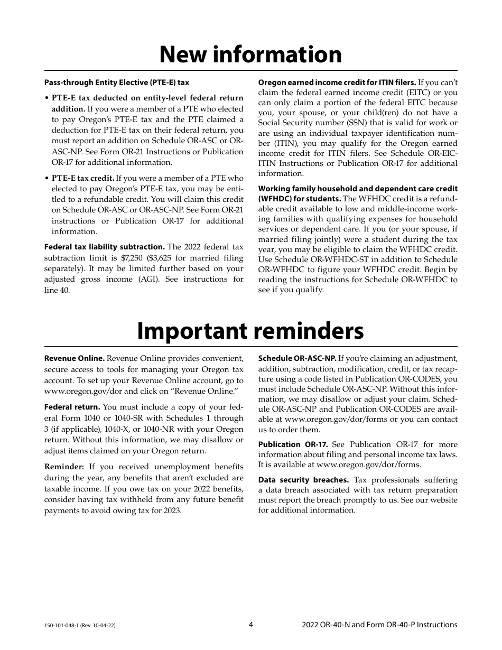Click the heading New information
point(250,54)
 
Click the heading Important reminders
point(250,331)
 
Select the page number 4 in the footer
point(251,625)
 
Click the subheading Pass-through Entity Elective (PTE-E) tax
point(117,82)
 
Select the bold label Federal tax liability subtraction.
point(105,247)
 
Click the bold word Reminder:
point(64,467)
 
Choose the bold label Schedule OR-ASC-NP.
point(297,358)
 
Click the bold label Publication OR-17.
point(293,444)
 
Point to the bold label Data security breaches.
point(303,480)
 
